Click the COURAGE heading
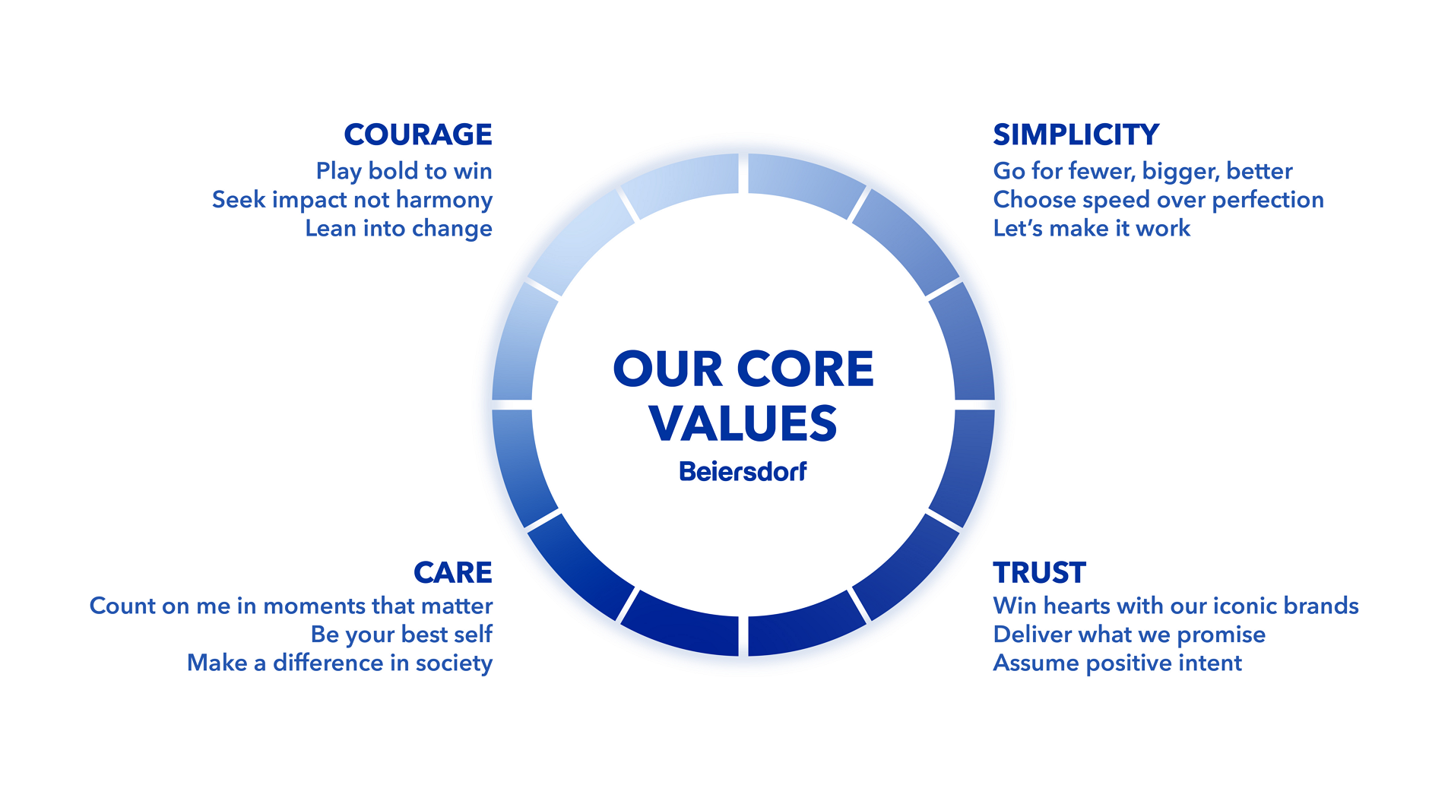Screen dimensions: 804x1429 pos(418,135)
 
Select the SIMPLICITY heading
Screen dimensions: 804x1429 pos(1076,135)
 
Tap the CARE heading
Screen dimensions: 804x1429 pos(453,573)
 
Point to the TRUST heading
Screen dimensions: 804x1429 pos(1039,573)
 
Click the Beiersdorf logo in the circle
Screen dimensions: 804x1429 pos(743,472)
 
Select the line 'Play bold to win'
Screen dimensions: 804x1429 pos(404,172)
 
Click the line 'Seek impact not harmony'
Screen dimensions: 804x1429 pos(352,200)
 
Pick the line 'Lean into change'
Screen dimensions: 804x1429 pos(398,229)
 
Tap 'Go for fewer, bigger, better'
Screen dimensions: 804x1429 pos(1142,172)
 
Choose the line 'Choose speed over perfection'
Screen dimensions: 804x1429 pos(1158,200)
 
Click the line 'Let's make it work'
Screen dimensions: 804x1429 pos(1092,229)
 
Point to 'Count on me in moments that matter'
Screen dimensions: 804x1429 pos(291,606)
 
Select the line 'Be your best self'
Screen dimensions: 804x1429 pos(401,635)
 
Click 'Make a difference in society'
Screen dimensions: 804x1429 pos(340,663)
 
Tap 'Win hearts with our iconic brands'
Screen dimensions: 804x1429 pos(1176,606)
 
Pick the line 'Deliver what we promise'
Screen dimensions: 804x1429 pos(1129,635)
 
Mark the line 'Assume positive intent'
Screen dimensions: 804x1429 pos(1117,663)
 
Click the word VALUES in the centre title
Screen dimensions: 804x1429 pos(743,423)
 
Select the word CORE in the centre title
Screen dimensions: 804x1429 pos(805,369)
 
